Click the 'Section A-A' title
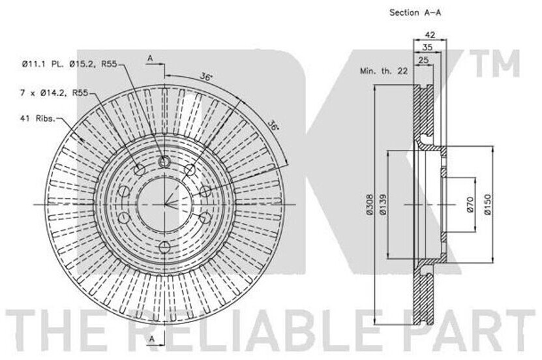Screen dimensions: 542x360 point(415,12)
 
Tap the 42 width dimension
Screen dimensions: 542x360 point(430,35)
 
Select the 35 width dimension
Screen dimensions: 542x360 point(427,48)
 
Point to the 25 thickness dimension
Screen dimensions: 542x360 point(423,60)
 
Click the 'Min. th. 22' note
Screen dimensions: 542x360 point(384,71)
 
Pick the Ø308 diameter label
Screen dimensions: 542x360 point(369,204)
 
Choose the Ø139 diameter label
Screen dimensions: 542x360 point(382,204)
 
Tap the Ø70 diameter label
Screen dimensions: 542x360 point(470,205)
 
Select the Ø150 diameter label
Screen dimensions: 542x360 point(487,204)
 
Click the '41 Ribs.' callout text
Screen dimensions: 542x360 point(38,119)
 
